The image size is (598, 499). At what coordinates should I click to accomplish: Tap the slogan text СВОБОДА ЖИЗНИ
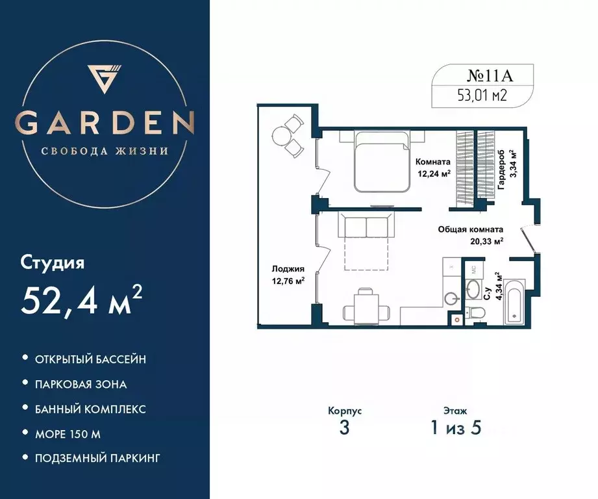(x=105, y=151)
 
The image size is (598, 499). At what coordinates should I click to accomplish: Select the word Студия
(x=53, y=264)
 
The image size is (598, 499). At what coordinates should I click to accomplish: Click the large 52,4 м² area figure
(x=82, y=300)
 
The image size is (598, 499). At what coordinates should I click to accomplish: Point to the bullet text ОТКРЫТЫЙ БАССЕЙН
(x=91, y=359)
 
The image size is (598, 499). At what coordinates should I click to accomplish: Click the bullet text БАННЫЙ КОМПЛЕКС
(x=91, y=409)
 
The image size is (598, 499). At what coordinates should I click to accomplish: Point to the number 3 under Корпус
(x=344, y=429)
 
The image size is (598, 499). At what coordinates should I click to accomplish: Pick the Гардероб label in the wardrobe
(x=502, y=171)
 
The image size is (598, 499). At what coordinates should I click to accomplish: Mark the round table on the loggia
(x=282, y=135)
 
